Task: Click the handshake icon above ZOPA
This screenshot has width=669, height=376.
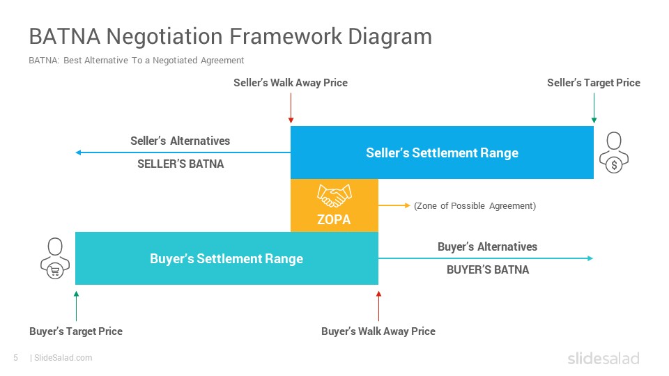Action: click(x=334, y=196)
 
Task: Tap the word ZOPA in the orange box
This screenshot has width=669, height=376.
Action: click(x=334, y=219)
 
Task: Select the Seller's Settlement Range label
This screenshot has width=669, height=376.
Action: click(x=442, y=152)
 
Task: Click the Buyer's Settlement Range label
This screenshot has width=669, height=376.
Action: click(x=226, y=258)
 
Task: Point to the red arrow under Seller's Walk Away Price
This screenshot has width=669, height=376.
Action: click(x=291, y=109)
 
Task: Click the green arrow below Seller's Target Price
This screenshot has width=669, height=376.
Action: click(x=594, y=109)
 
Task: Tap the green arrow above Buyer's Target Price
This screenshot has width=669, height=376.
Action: click(x=77, y=306)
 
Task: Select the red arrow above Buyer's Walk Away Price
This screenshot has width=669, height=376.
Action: click(x=378, y=306)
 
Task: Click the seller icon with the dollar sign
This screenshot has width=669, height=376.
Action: click(x=614, y=152)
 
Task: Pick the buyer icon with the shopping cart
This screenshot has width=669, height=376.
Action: click(x=55, y=258)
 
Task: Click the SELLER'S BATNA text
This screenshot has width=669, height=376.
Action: click(x=180, y=164)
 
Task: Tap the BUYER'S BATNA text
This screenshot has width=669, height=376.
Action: click(x=488, y=270)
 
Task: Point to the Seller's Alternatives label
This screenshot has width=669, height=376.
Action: click(x=180, y=141)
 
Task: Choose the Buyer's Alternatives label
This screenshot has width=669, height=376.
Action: click(x=487, y=246)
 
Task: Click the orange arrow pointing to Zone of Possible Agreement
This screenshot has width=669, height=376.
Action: click(x=394, y=205)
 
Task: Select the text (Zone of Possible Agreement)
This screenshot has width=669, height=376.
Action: click(x=475, y=206)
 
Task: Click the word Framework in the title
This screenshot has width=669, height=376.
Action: click(x=286, y=36)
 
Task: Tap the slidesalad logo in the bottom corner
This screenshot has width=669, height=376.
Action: click(x=603, y=358)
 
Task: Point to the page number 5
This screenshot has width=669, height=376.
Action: click(x=16, y=358)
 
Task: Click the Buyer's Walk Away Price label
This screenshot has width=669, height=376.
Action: click(x=378, y=331)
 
